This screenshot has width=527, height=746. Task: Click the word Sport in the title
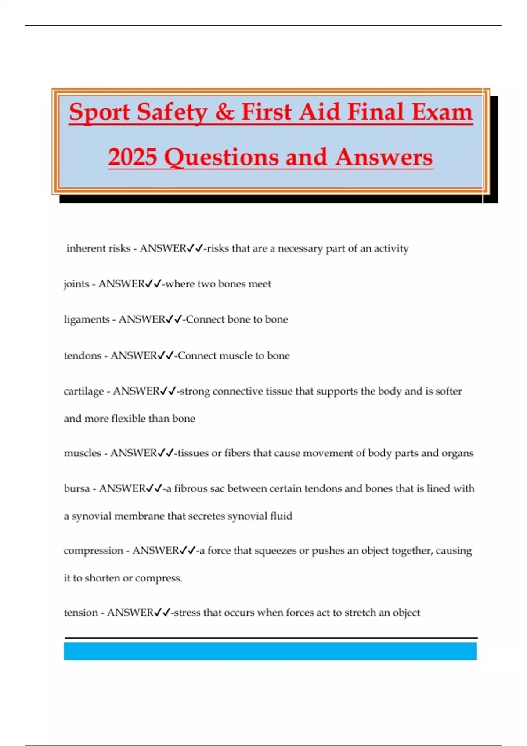coord(100,112)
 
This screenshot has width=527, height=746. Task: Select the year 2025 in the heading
coord(133,157)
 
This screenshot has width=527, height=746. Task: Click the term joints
coord(76,284)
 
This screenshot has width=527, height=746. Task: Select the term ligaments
coord(87,319)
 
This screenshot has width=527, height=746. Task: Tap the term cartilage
coord(83,391)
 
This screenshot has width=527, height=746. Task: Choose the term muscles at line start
coord(83,453)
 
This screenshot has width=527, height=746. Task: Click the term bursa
coord(77,488)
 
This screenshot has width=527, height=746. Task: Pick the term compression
coord(93,551)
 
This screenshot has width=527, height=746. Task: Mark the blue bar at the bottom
coord(270,651)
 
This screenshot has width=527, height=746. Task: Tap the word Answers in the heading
coord(384,157)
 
